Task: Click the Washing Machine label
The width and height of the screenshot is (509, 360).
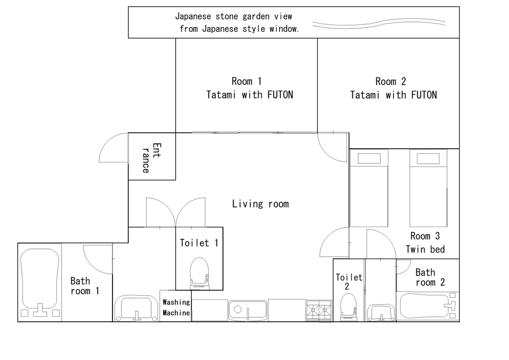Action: pyautogui.click(x=176, y=308)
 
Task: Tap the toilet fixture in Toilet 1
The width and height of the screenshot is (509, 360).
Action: pyautogui.click(x=200, y=273)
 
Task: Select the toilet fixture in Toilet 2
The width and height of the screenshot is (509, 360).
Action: pyautogui.click(x=348, y=307)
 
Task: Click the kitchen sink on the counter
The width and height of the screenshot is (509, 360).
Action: pyautogui.click(x=248, y=310)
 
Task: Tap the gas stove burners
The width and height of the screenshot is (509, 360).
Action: pyautogui.click(x=319, y=310)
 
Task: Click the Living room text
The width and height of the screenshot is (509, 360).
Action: pyautogui.click(x=260, y=204)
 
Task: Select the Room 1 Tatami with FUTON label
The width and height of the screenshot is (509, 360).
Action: pyautogui.click(x=249, y=88)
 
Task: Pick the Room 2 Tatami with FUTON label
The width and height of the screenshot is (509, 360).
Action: pyautogui.click(x=393, y=88)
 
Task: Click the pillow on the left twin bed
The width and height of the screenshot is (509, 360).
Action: pyautogui.click(x=369, y=158)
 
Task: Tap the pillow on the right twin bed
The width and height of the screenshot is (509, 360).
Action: pyautogui.click(x=428, y=158)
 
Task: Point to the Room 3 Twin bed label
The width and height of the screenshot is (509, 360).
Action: pyautogui.click(x=425, y=242)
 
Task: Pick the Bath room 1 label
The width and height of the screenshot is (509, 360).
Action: pyautogui.click(x=84, y=286)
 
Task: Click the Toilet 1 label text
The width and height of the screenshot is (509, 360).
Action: pyautogui.click(x=199, y=243)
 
